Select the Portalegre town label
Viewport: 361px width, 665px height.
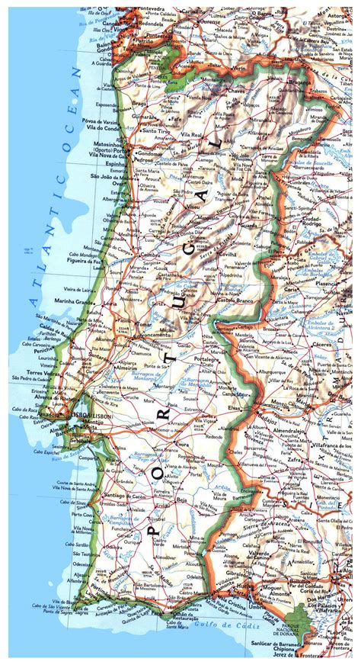(210, 359)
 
